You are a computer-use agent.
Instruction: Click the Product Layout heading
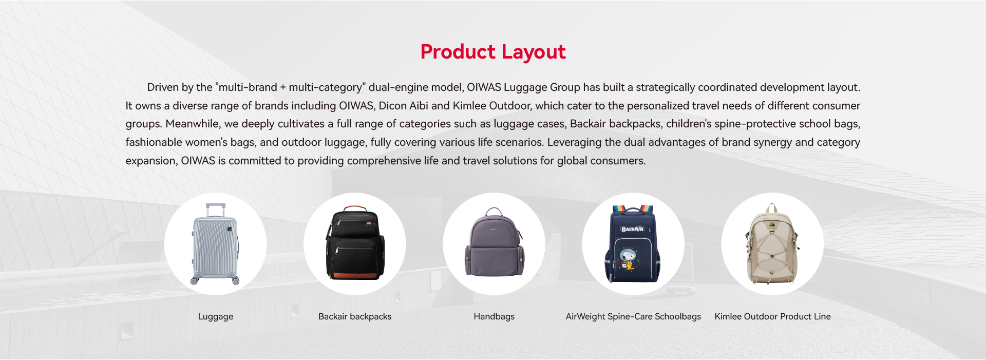[x=493, y=52]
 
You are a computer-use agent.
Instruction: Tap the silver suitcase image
[x=216, y=244]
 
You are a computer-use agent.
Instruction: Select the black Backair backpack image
[x=355, y=243]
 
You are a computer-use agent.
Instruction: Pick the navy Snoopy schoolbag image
[x=633, y=244]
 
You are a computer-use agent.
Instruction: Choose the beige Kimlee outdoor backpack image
[x=772, y=244]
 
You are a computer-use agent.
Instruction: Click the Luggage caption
[x=216, y=316]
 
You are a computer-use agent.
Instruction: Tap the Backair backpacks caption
[x=355, y=316]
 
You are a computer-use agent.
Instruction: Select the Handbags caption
[x=494, y=316]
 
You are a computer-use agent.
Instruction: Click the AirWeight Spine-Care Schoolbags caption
[x=633, y=316]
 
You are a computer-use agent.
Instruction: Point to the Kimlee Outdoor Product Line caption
[x=772, y=316]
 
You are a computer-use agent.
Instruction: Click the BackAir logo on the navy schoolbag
[x=632, y=229]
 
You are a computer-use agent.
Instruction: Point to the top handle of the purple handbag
[x=494, y=211]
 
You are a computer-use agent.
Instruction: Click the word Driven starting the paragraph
[x=163, y=87]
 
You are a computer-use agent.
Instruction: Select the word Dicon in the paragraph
[x=392, y=106]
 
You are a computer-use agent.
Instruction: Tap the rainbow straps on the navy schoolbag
[x=633, y=209]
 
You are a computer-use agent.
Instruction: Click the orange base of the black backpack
[x=355, y=276]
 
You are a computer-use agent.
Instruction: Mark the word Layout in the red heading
[x=534, y=52]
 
